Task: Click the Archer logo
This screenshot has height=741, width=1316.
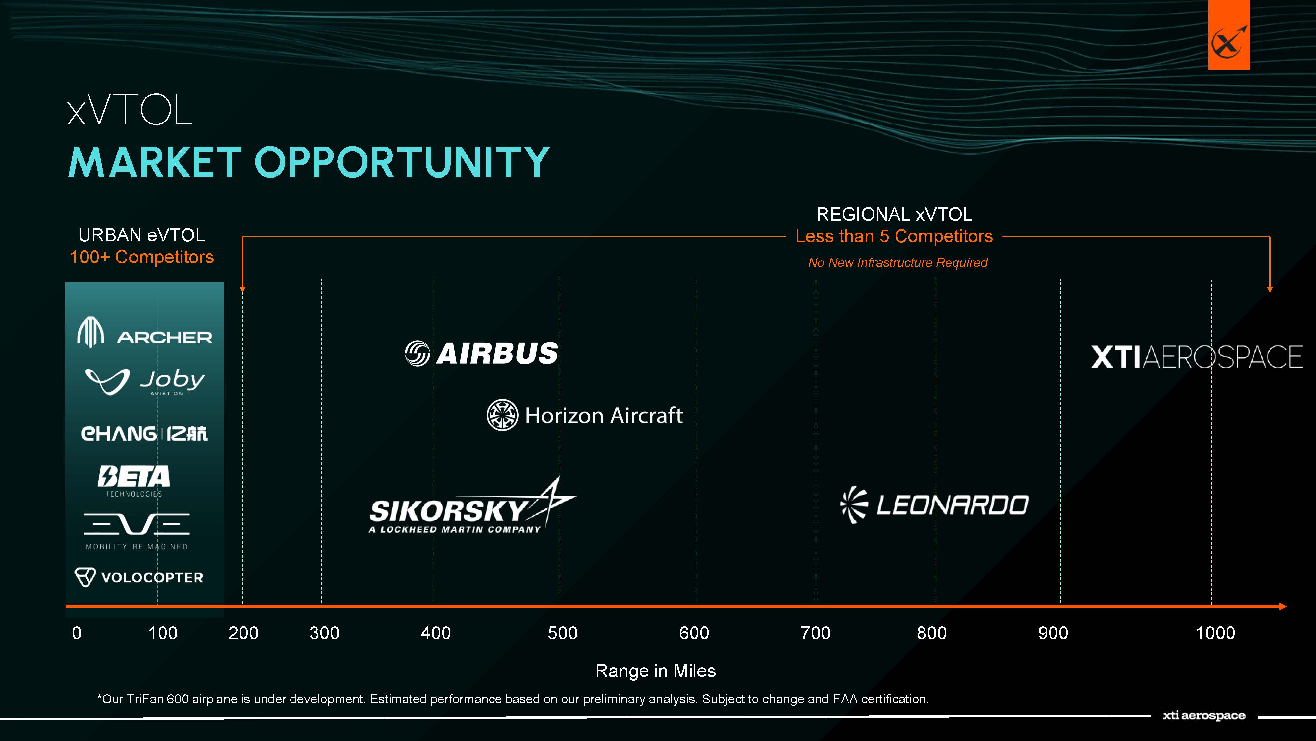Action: tap(144, 333)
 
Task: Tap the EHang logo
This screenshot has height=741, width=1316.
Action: tap(144, 434)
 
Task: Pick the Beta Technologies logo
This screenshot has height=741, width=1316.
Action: tap(134, 481)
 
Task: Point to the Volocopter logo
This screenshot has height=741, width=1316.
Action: tap(139, 577)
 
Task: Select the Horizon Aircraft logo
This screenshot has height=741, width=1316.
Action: tap(584, 415)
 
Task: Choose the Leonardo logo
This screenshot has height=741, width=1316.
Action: tap(934, 505)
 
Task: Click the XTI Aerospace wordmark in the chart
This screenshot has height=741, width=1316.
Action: tap(1197, 357)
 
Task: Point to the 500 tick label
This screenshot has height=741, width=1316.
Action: tap(563, 633)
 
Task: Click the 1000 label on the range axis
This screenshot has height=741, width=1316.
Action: tap(1215, 633)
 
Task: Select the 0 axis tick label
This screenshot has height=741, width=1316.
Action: tap(77, 633)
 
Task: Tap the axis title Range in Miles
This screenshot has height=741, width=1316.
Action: tap(655, 671)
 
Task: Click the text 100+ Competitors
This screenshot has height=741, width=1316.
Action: tap(142, 257)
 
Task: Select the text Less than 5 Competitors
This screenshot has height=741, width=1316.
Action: tap(894, 236)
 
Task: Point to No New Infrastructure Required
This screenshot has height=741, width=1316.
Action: tap(898, 262)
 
